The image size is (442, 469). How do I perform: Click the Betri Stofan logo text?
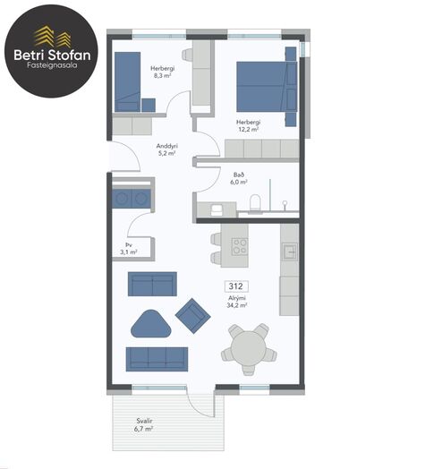click(52, 55)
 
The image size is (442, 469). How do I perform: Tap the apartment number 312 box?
click(236, 286)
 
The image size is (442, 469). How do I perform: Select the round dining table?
click(249, 348)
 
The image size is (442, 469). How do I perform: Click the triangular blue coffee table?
click(151, 325)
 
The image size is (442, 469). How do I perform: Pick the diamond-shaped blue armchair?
click(193, 316)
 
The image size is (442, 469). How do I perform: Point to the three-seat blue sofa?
click(157, 359)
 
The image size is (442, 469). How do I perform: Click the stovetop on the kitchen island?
click(240, 246)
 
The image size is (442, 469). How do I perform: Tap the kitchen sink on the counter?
click(290, 251)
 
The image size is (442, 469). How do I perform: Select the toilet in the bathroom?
click(255, 202)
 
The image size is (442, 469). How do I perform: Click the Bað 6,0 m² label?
click(239, 178)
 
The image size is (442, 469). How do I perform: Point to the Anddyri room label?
click(167, 146)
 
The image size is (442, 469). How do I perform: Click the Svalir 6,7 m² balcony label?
click(144, 425)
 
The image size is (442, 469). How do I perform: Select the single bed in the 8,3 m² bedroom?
click(127, 82)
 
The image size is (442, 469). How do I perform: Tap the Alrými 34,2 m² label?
click(237, 302)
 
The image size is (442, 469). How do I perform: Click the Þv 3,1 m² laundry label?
click(129, 249)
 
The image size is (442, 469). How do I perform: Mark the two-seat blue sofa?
click(152, 284)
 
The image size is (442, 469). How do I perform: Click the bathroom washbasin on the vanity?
click(216, 209)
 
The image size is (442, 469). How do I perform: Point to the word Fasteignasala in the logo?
click(52, 65)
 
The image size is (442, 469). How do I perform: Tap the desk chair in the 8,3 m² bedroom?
click(188, 55)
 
